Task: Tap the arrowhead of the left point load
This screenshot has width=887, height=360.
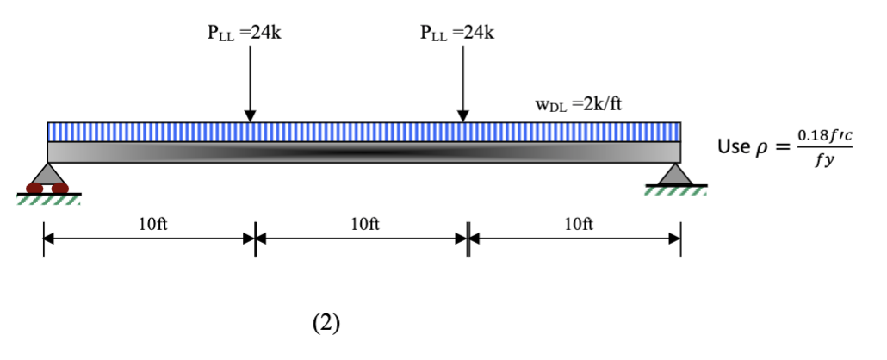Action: click(x=250, y=115)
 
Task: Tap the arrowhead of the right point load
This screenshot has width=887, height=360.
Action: click(x=463, y=115)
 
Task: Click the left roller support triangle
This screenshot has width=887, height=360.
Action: click(x=47, y=174)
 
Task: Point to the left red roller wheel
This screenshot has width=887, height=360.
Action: click(x=36, y=188)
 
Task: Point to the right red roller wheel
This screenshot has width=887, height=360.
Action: click(x=59, y=188)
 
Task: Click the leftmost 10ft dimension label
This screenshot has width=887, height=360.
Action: click(x=152, y=225)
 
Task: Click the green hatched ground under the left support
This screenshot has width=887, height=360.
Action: click(x=48, y=200)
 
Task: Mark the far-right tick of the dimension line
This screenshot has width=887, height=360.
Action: click(x=680, y=239)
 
